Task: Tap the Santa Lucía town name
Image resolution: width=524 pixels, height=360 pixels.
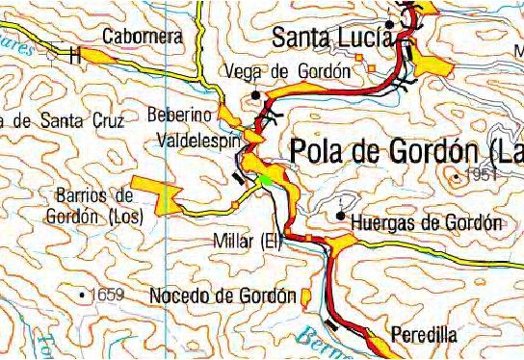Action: (x=332, y=38)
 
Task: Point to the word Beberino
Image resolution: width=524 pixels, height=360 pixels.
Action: (x=180, y=115)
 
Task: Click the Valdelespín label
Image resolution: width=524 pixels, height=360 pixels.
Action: (x=196, y=141)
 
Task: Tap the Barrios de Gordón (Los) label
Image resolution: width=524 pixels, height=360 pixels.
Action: (x=92, y=207)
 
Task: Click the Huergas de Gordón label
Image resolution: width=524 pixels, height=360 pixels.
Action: (x=428, y=223)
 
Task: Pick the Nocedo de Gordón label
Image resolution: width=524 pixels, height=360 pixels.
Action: (x=223, y=296)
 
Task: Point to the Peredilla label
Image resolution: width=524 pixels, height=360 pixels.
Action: (x=424, y=334)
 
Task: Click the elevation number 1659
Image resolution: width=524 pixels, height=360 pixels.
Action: (x=105, y=294)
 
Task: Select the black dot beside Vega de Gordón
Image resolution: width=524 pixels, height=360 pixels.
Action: (x=255, y=94)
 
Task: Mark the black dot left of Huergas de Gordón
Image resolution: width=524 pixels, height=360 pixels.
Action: (x=341, y=216)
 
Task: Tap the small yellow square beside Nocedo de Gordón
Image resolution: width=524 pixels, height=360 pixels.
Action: (x=305, y=295)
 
